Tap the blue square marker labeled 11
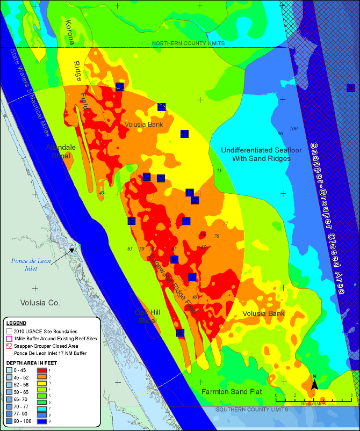click(184, 133)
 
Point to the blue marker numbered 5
click(131, 221)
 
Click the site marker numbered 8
click(180, 333)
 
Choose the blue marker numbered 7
click(192, 277)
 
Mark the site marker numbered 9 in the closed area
click(351, 87)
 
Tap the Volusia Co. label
click(40, 303)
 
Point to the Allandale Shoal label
click(61, 151)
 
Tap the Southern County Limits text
click(252, 410)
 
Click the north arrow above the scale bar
click(314, 382)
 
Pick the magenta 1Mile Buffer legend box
click(9, 339)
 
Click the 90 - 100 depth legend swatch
click(9, 422)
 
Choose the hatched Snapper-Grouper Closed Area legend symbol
click(9, 346)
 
